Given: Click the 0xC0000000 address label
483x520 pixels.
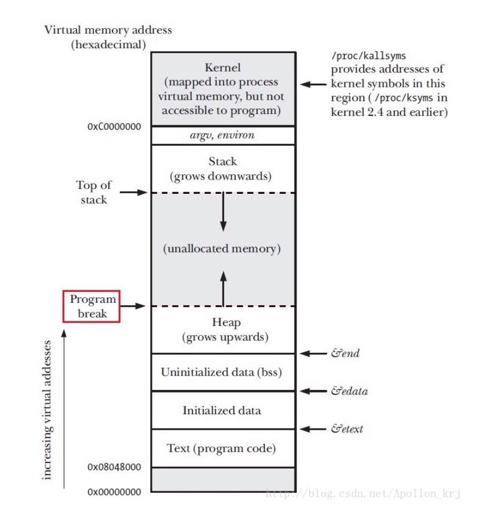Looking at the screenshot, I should pyautogui.click(x=114, y=126).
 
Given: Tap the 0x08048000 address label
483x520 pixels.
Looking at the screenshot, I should pyautogui.click(x=114, y=467).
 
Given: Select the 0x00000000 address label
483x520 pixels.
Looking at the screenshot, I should pyautogui.click(x=114, y=491).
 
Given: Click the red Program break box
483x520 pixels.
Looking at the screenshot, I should pyautogui.click(x=92, y=306).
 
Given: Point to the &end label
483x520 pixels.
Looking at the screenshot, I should pyautogui.click(x=345, y=353).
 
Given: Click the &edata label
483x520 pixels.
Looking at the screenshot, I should pyautogui.click(x=349, y=391).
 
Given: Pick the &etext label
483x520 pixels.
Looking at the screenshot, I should pyautogui.click(x=347, y=429).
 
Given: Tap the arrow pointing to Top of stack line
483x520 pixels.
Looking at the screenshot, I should pyautogui.click(x=135, y=193).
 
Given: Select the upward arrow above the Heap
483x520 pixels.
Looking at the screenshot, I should pyautogui.click(x=223, y=288).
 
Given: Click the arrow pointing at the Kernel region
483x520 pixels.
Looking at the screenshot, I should pyautogui.click(x=313, y=85).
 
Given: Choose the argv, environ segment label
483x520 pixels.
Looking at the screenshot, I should pyautogui.click(x=222, y=135).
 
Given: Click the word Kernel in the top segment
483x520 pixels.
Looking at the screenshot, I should pyautogui.click(x=222, y=68).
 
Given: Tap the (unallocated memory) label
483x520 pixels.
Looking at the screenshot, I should pyautogui.click(x=222, y=249).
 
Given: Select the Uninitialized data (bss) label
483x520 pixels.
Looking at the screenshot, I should pyautogui.click(x=221, y=372).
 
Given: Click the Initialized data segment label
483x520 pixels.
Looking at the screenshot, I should pyautogui.click(x=221, y=410).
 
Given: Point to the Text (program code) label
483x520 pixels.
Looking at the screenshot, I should pyautogui.click(x=221, y=448).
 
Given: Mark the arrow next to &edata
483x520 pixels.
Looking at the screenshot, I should pyautogui.click(x=313, y=391).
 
